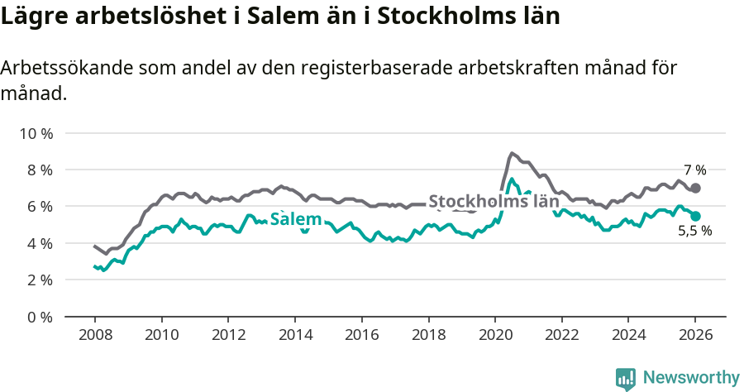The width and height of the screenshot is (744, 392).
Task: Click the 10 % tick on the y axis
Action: point(36,133)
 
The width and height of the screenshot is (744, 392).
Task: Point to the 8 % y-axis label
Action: point(39,170)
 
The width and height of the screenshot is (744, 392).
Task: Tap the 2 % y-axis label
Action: point(39,280)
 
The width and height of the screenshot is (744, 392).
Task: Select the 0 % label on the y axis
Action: point(39,317)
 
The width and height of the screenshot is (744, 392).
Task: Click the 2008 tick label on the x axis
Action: point(94,335)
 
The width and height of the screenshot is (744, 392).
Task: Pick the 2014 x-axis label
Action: point(294,335)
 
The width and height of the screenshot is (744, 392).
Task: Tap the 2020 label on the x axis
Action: point(494,335)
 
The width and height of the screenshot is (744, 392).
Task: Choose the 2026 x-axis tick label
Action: point(694,335)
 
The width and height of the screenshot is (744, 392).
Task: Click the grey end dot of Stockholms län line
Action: point(695,188)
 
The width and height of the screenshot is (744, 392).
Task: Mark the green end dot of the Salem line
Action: point(695,216)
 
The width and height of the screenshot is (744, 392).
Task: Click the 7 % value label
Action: point(694,170)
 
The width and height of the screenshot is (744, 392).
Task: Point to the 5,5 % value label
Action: point(694,232)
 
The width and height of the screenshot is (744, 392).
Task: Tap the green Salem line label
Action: point(296,219)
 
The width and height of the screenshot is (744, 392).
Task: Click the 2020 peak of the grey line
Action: point(512,153)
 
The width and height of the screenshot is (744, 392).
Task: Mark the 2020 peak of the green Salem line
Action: point(512,179)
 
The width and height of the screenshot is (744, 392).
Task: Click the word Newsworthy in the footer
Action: point(690,378)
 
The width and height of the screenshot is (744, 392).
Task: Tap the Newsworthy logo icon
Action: point(626,379)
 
